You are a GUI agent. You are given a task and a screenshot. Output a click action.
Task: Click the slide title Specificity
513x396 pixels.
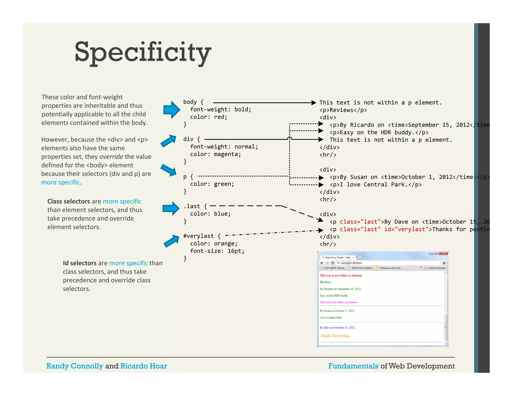[143, 52]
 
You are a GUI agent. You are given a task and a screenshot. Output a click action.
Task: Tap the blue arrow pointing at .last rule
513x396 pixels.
[171, 208]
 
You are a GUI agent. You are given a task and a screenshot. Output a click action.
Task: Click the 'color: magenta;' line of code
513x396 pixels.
[215, 154]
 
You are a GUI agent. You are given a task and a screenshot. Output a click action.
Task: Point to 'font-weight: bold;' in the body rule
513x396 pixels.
[220, 109]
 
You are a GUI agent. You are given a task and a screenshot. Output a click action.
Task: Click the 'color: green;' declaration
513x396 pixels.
[212, 184]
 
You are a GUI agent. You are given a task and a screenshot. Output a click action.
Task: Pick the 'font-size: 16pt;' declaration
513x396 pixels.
[217, 251]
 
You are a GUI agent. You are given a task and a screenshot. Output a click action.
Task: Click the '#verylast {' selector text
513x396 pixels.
[202, 236]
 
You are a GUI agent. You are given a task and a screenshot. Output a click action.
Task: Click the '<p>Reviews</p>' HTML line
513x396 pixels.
[343, 110]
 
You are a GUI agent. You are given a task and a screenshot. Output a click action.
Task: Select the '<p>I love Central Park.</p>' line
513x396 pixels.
[375, 185]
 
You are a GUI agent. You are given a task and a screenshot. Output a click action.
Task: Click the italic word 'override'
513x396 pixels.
[111, 157]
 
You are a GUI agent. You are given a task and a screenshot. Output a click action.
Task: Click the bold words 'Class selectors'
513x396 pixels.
[69, 201]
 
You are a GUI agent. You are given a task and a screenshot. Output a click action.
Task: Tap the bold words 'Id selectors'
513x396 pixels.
[80, 263]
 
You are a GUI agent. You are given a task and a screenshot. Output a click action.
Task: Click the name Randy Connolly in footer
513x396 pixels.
[75, 366]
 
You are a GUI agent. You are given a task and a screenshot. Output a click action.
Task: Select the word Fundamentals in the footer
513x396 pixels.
[353, 366]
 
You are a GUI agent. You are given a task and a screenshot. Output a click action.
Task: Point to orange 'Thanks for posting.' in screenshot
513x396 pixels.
[335, 336]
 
